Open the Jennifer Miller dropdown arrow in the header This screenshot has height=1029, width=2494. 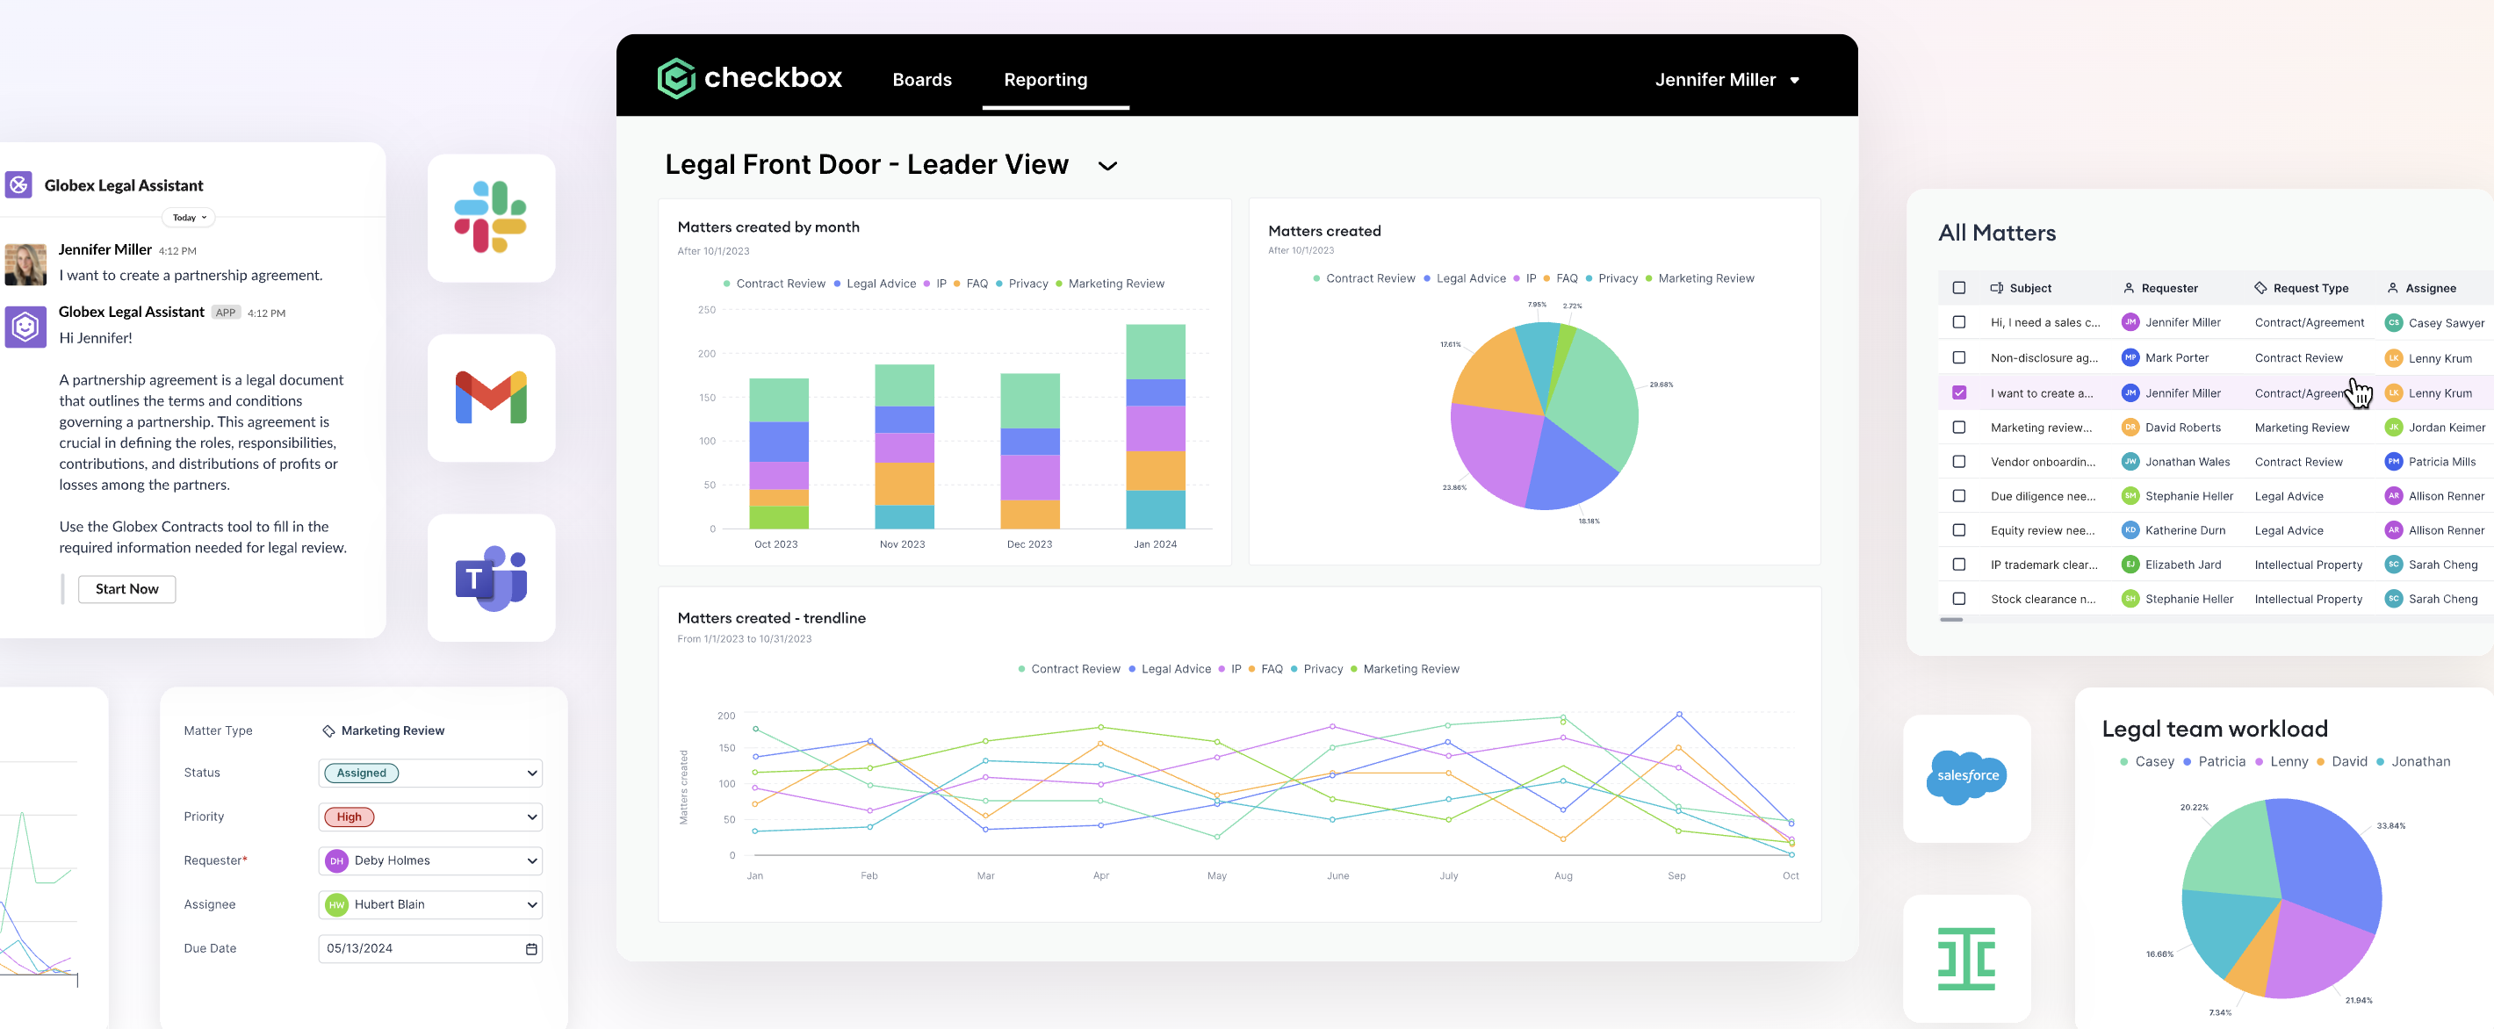(x=1794, y=81)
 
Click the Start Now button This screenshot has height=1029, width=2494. (x=126, y=588)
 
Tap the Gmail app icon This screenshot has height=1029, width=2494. (x=491, y=398)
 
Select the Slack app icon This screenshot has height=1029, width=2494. (x=491, y=218)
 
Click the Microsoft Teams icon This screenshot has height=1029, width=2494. (x=491, y=578)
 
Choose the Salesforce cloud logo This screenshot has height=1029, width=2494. (x=1966, y=776)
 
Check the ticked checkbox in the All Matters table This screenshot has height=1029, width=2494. (x=1958, y=393)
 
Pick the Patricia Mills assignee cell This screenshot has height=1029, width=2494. (x=2440, y=462)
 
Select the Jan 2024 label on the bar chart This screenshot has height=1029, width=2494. (x=1155, y=544)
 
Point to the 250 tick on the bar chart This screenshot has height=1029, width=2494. (x=707, y=310)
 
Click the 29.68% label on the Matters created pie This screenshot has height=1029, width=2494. (x=1661, y=385)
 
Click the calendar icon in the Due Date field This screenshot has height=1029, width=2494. (x=530, y=948)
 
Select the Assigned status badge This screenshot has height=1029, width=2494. (x=361, y=773)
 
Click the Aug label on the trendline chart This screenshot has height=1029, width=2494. (x=1562, y=876)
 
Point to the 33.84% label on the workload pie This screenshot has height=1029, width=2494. (x=2390, y=825)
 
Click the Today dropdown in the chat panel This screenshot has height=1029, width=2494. (x=190, y=218)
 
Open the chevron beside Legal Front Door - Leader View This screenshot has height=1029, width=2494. (x=1107, y=167)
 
